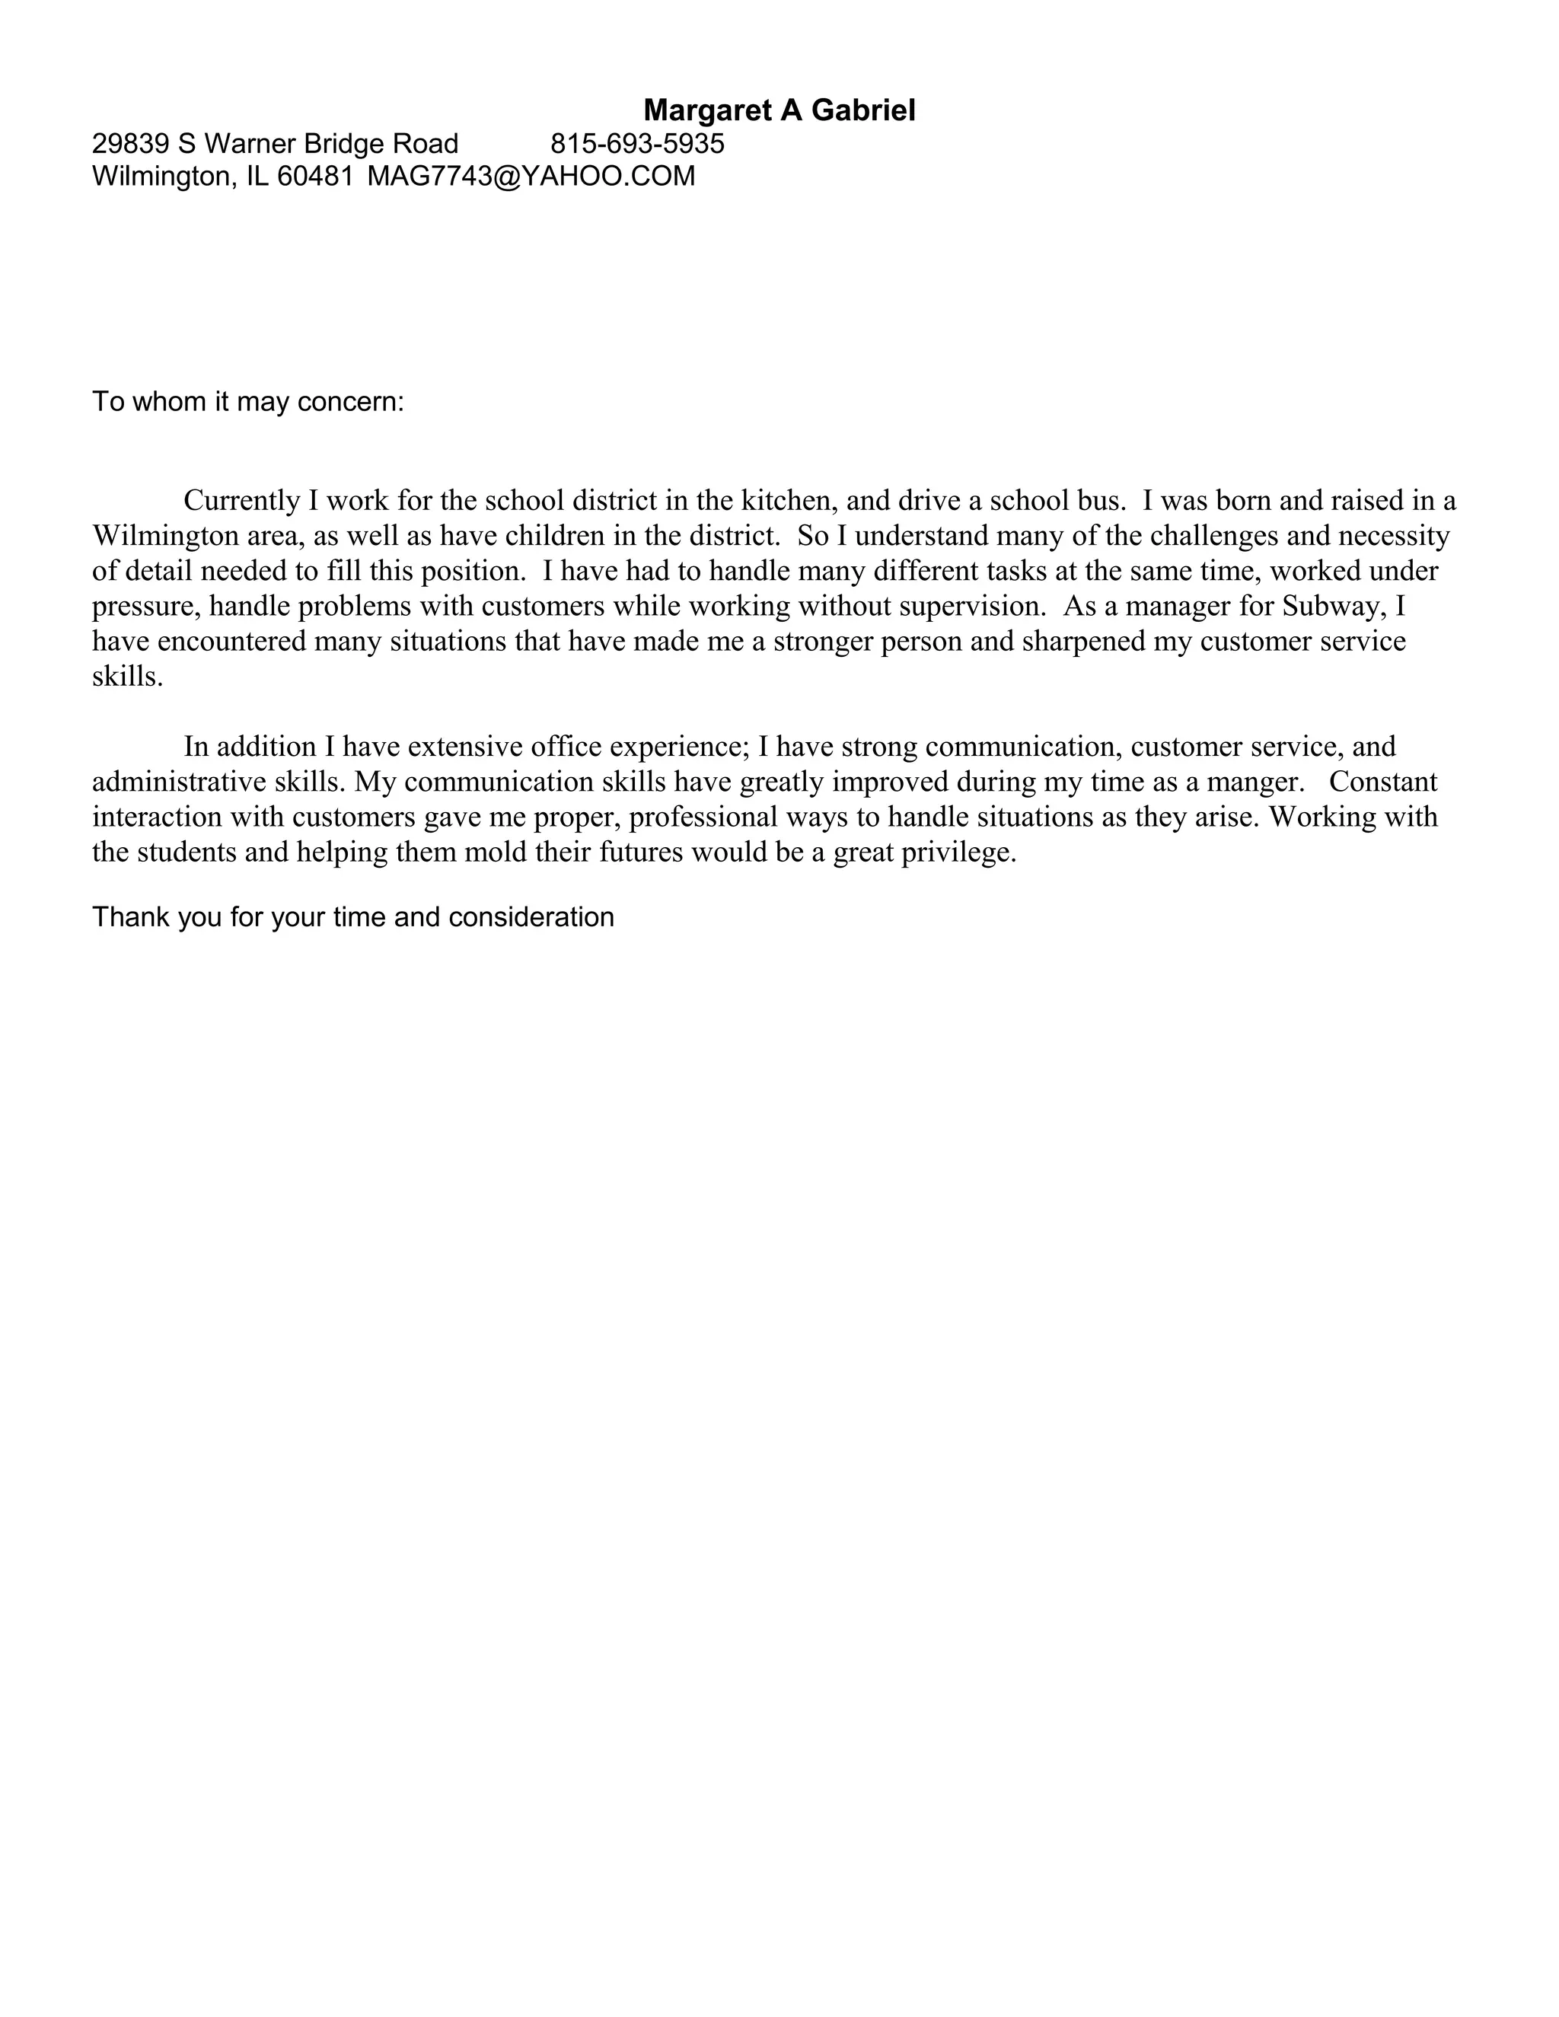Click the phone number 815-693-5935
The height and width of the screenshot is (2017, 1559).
pos(637,144)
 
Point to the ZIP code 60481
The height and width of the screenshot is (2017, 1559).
pos(315,177)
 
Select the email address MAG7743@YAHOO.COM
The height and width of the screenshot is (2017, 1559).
pos(531,177)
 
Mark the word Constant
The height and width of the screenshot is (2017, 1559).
pos(1382,782)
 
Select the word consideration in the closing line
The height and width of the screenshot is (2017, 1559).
pos(531,917)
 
